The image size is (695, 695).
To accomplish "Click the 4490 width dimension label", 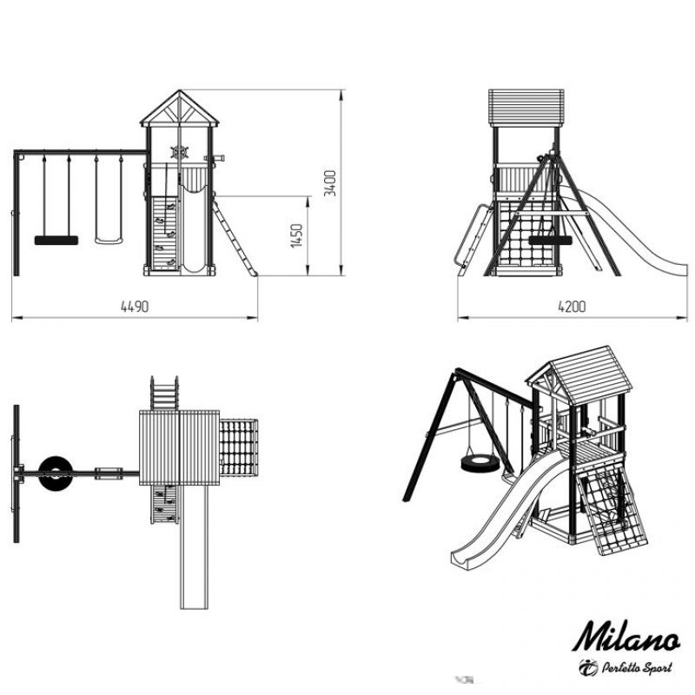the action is click(x=135, y=307).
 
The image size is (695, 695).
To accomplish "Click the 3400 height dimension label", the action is click(x=330, y=183).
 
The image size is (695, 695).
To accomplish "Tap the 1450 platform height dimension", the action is click(x=296, y=235).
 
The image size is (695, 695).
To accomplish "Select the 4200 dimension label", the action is click(x=572, y=307).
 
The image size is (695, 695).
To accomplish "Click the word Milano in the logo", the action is click(x=625, y=637).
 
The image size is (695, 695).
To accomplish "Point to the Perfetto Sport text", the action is click(x=637, y=667).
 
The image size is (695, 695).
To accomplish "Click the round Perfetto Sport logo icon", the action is click(x=588, y=667).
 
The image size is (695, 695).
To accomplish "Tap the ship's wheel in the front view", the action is click(x=180, y=152).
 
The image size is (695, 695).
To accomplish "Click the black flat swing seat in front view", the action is click(x=56, y=241).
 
